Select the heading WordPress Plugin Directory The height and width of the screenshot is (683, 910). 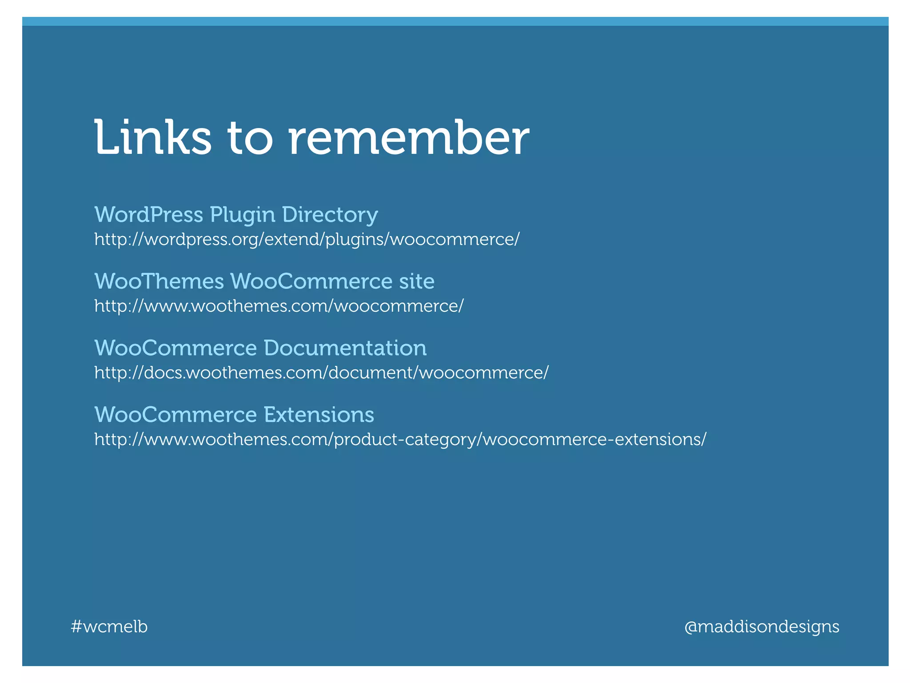pyautogui.click(x=236, y=215)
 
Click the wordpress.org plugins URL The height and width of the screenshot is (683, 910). pyautogui.click(x=307, y=240)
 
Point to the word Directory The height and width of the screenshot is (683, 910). pyautogui.click(x=330, y=215)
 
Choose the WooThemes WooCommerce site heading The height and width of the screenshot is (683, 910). pyautogui.click(x=264, y=281)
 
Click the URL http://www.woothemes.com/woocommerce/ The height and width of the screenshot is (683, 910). pyautogui.click(x=279, y=306)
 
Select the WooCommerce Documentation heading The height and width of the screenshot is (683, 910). pyautogui.click(x=260, y=348)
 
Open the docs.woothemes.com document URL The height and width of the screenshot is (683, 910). pyautogui.click(x=321, y=373)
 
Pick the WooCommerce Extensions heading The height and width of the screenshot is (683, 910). pyautogui.click(x=234, y=414)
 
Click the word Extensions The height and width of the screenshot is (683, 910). pyautogui.click(x=319, y=414)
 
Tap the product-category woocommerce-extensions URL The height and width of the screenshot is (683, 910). pyautogui.click(x=400, y=439)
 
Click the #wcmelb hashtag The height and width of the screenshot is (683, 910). pyautogui.click(x=109, y=627)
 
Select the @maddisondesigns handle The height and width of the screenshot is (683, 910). pyautogui.click(x=762, y=627)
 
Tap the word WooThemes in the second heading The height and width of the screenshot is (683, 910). pyautogui.click(x=159, y=281)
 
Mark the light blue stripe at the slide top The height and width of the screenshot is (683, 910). pyautogui.click(x=455, y=21)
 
